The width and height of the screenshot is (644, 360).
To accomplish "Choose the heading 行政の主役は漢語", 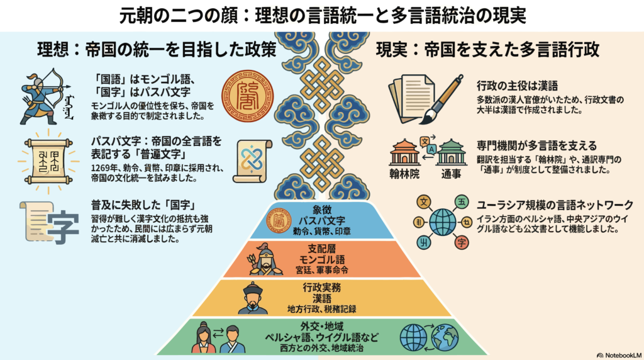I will click(518, 86).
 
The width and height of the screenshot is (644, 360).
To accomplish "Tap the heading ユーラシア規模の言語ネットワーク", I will click(554, 205).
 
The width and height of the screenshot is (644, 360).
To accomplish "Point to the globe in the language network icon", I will click(443, 221).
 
